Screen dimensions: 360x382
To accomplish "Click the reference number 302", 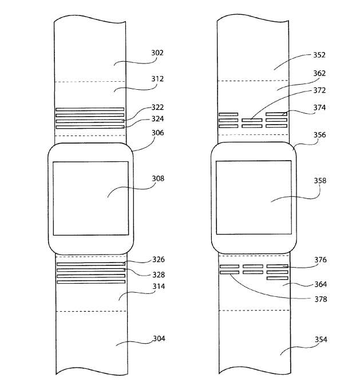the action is (157, 53).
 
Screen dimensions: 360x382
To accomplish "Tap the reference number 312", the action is (157, 79).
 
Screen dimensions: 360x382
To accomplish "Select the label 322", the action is (157, 107).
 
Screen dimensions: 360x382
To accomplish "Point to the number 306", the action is (158, 133).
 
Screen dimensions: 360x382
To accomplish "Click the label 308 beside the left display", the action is (158, 178).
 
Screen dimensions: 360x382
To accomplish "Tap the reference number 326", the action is (159, 260).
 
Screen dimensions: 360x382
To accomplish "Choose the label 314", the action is (159, 286).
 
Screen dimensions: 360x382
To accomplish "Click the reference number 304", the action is (159, 339).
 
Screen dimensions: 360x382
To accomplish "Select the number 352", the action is (319, 55).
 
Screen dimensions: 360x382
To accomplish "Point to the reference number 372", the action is (319, 90).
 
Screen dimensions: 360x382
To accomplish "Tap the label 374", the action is (319, 108).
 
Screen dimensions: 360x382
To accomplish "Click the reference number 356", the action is (320, 135).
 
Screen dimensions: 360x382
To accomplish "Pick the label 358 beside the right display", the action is (320, 181).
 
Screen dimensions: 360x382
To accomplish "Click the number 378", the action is (321, 299).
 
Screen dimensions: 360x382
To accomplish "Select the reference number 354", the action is (321, 339).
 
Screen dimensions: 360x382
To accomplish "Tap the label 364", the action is (321, 284).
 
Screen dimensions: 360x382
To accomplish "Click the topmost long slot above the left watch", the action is (90, 109).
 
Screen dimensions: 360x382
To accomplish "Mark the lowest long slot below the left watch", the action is (91, 282).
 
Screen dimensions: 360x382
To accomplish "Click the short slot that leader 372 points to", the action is (252, 120).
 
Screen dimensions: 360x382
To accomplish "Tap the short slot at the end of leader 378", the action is (230, 272).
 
